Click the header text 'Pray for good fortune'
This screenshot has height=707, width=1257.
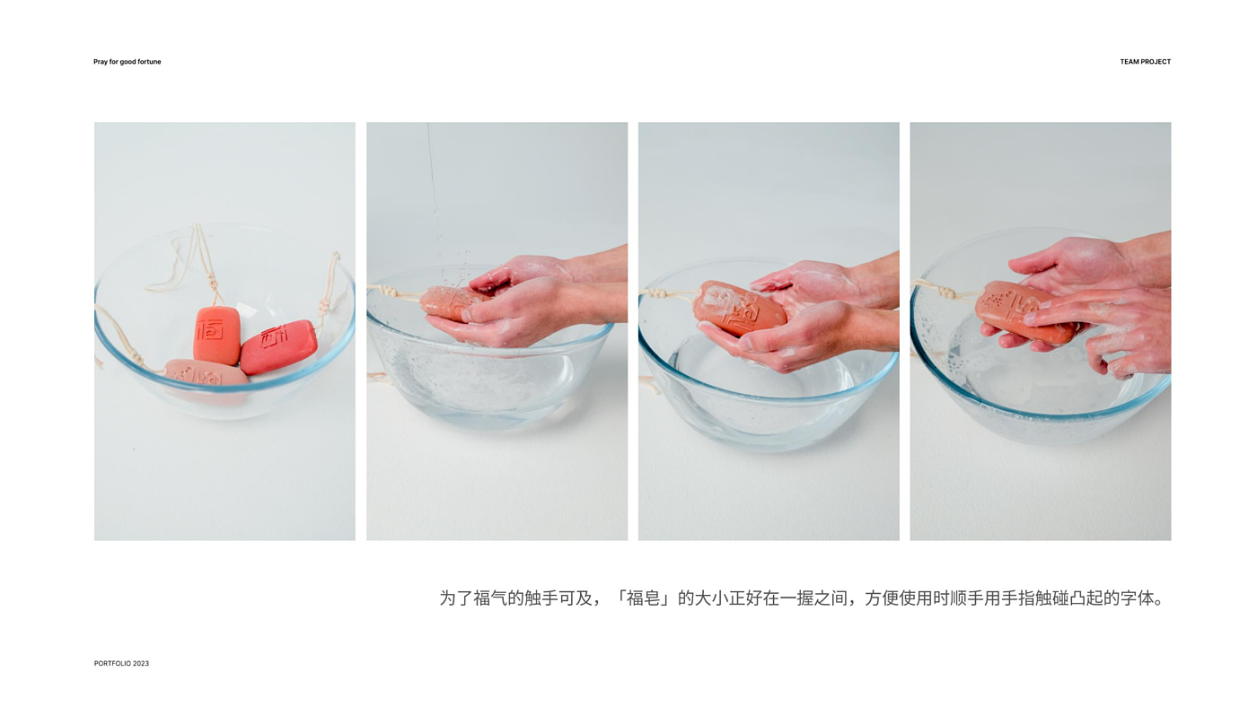point(127,62)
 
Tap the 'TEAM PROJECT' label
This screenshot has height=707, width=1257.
point(1146,62)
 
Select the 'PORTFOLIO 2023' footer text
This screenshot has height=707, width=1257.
point(121,663)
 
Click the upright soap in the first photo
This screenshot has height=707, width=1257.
point(216,336)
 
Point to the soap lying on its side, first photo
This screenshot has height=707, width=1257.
point(279,346)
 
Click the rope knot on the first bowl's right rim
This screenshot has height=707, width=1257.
point(324,306)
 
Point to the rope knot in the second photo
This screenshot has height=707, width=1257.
point(388,291)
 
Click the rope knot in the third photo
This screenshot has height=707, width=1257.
point(657,293)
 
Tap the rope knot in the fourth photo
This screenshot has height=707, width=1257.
point(945,292)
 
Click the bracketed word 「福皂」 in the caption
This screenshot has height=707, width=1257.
point(644,598)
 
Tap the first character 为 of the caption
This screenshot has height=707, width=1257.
point(447,598)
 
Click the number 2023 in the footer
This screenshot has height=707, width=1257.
point(141,663)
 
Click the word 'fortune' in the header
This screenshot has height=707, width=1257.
point(149,62)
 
